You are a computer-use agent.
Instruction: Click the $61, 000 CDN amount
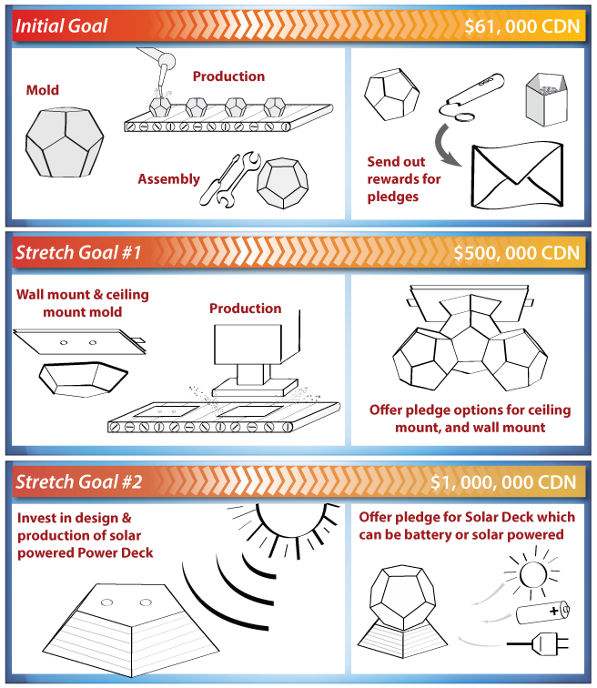coord(521,25)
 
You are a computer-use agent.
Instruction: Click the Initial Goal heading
coord(62,25)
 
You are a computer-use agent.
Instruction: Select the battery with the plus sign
coord(541,612)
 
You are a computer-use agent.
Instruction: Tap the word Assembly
coord(168,179)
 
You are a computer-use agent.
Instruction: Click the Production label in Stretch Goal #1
coord(246,309)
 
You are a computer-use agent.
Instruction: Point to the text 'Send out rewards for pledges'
coord(404,178)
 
